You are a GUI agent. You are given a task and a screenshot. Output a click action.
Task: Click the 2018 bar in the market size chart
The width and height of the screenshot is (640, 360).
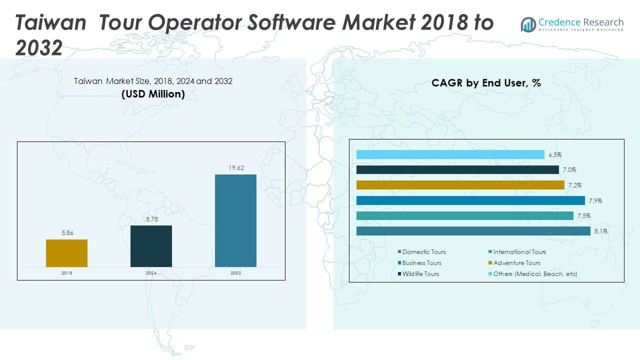point(66,253)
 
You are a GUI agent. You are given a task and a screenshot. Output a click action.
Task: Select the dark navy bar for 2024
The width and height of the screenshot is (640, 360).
point(151,246)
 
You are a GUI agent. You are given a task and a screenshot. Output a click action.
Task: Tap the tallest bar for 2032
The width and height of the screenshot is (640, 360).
point(235,220)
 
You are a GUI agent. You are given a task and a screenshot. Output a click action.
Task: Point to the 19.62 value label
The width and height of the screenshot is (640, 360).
point(235,168)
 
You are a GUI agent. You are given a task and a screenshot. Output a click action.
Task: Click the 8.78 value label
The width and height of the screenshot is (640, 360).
point(151,219)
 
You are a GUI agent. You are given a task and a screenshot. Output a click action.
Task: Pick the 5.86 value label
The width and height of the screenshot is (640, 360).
point(66,233)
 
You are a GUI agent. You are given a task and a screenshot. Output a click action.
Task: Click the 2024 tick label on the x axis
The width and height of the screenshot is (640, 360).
point(151,273)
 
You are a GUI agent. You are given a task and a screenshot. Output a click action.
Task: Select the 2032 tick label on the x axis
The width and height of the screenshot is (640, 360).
point(235,273)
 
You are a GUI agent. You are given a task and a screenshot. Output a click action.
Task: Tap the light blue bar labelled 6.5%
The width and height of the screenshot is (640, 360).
point(450,154)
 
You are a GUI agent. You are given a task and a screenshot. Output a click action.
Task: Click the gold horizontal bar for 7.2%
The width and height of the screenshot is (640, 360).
point(460,185)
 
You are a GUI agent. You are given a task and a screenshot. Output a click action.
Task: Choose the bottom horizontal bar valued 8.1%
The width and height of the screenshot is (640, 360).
point(473,231)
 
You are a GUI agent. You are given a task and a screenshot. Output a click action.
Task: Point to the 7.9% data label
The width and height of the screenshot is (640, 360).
point(595,200)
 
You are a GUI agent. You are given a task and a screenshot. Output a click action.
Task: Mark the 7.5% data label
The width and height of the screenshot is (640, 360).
point(583,216)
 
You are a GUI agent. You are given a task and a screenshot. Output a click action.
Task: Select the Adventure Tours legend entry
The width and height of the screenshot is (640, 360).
point(516,263)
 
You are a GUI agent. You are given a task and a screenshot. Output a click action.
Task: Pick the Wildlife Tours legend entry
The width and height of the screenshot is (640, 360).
point(420,274)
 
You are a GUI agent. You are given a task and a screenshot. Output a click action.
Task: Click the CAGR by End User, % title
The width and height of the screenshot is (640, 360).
point(486,83)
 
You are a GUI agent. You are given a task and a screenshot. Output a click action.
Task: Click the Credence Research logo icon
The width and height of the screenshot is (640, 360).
point(528,24)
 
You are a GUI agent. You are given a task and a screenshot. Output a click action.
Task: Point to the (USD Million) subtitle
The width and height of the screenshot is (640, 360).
point(153,94)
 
